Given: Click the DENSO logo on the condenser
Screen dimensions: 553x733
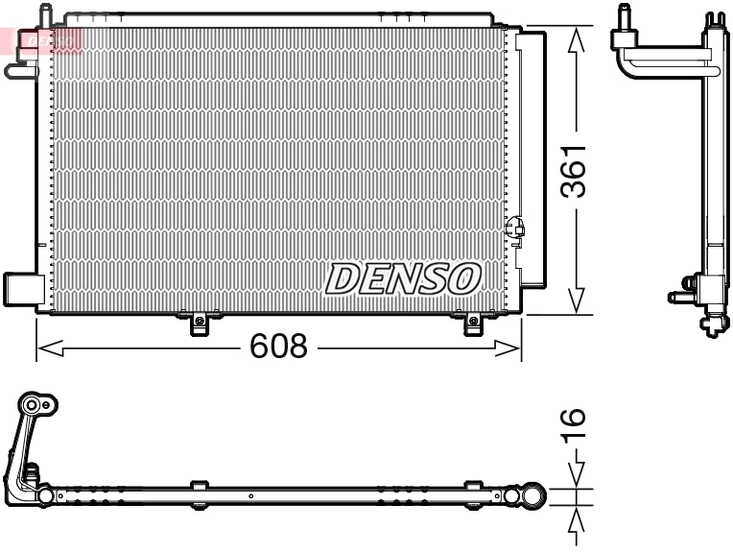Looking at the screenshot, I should click(402, 278).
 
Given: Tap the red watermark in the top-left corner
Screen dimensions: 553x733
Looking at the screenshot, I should click(43, 40).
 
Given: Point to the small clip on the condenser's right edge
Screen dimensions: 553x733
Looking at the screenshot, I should click(515, 228).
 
